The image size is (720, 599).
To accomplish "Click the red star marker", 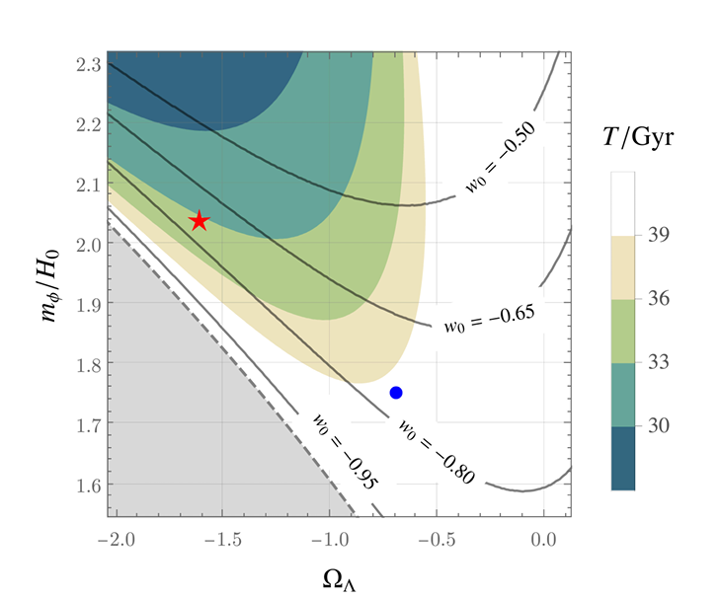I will tap(200, 220).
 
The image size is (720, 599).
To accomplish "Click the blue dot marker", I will tap(396, 393).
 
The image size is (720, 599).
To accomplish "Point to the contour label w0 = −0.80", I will tap(437, 450).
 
